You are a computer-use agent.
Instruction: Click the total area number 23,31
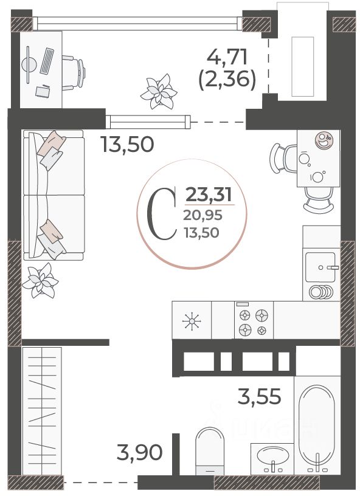pyautogui.click(x=209, y=194)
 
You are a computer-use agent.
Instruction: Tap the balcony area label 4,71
pyautogui.click(x=227, y=57)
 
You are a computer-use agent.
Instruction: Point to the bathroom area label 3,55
pyautogui.click(x=260, y=396)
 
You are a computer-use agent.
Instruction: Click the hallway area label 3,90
pyautogui.click(x=139, y=452)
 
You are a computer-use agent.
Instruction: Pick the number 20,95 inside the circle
pyautogui.click(x=202, y=216)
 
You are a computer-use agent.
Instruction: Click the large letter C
pyautogui.click(x=161, y=213)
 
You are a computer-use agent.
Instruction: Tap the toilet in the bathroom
pyautogui.click(x=210, y=451)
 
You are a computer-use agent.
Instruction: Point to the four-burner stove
pyautogui.click(x=254, y=320)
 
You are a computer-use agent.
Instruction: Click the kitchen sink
pyautogui.click(x=320, y=267)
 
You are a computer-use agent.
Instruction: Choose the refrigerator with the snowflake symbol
pyautogui.click(x=192, y=320)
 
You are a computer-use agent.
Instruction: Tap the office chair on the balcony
pyautogui.click(x=74, y=73)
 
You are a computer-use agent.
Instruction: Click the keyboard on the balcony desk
pyautogui.click(x=47, y=61)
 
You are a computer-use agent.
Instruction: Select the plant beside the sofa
pyautogui.click(x=40, y=280)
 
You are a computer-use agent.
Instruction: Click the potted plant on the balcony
pyautogui.click(x=159, y=92)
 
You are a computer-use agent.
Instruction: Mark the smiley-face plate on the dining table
pyautogui.click(x=324, y=140)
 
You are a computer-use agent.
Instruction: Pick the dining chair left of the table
pyautogui.click(x=283, y=158)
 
